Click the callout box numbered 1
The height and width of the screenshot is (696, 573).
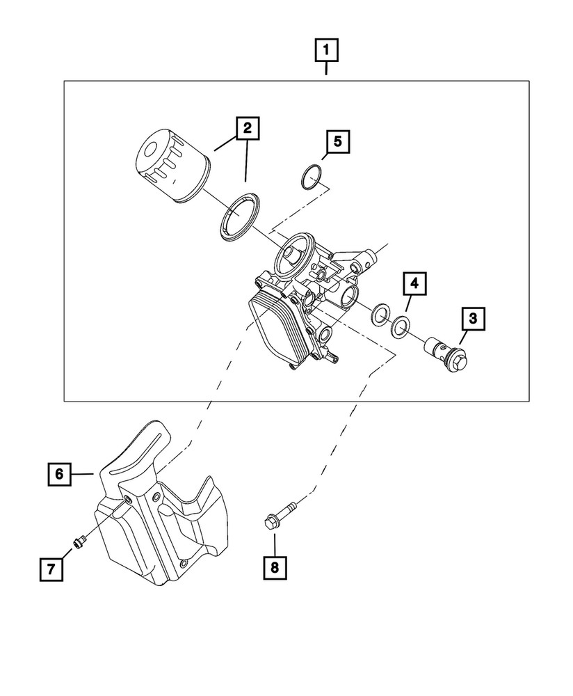click(x=327, y=50)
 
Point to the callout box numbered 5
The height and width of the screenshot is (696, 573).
click(x=337, y=142)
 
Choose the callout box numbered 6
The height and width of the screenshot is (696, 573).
click(x=59, y=475)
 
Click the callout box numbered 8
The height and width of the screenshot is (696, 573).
click(x=274, y=567)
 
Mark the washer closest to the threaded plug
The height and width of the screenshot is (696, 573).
click(x=401, y=326)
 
